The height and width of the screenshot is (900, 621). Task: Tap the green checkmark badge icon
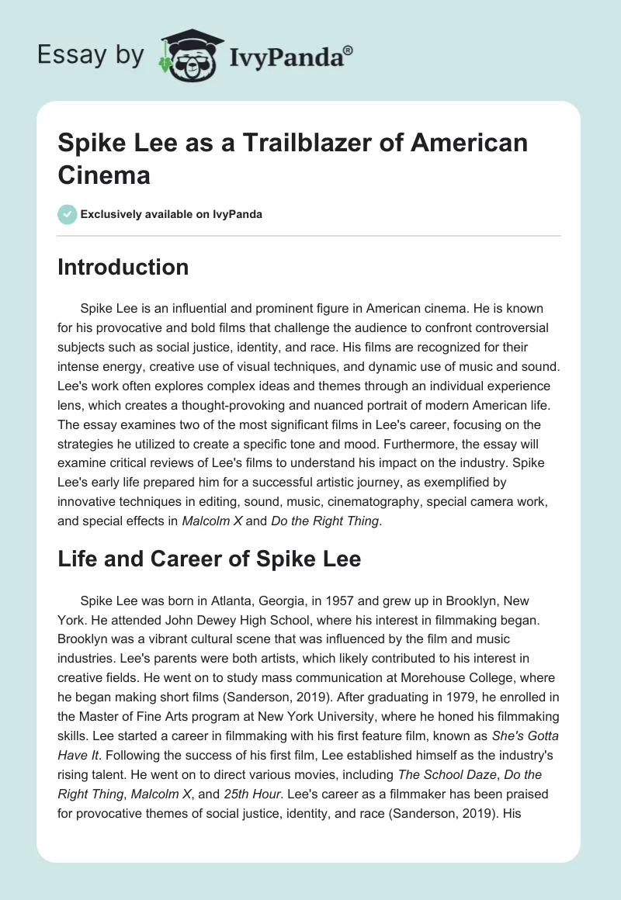(x=68, y=214)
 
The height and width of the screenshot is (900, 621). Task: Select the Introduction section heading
(x=123, y=267)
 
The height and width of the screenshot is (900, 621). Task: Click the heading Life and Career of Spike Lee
(x=209, y=559)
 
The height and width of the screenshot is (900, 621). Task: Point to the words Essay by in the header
(x=90, y=56)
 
